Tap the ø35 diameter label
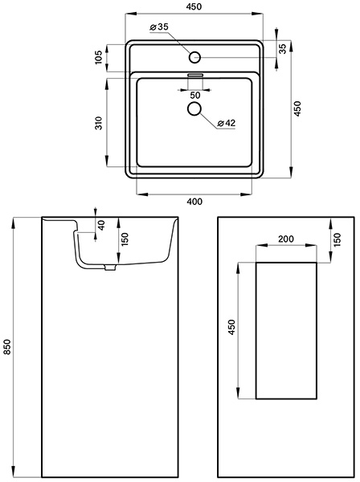pos(159,27)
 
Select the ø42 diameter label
pos(226,123)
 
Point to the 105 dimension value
pos(98,58)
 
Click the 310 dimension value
pos(98,123)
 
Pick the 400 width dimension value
pos(194,202)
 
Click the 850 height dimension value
pos(7,346)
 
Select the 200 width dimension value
pos(286,239)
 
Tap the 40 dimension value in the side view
pos(102,225)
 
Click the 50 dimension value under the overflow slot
pos(195,96)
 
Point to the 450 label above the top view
pos(194,6)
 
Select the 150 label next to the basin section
pos(125,239)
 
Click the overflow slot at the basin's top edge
pos(195,75)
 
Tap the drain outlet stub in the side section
pos(109,268)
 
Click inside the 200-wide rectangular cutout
pos(286,331)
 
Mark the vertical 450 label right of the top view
pos(297,108)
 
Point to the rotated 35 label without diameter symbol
pos(283,48)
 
